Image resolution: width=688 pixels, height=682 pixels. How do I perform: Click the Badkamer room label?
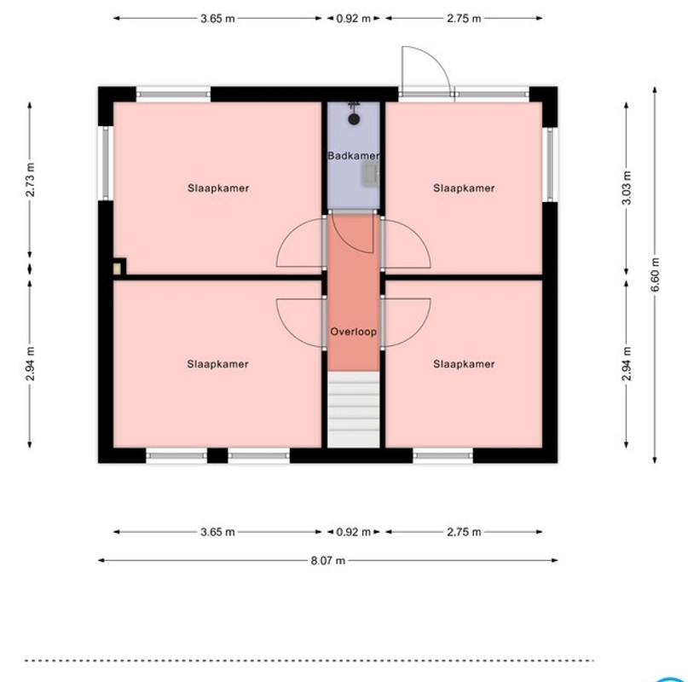[353, 155]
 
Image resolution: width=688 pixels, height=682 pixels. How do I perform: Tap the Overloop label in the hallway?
[353, 332]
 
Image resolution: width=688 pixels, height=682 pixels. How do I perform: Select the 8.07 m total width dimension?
[327, 560]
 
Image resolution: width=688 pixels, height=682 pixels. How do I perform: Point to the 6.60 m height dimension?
[655, 275]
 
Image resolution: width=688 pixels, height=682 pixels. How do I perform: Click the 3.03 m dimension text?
[627, 188]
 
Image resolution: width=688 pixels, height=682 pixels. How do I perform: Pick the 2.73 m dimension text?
[30, 180]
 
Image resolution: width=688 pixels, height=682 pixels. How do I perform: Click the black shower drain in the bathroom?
[354, 119]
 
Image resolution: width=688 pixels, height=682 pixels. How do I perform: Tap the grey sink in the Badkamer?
[369, 173]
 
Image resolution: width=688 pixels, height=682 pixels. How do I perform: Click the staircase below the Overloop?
[353, 409]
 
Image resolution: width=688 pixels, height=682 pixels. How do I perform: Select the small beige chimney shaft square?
[117, 269]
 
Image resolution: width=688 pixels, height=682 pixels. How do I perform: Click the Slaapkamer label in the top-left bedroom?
[218, 188]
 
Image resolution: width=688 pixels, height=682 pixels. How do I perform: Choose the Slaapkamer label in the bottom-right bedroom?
[464, 364]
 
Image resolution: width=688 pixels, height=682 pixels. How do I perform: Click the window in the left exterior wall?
[106, 163]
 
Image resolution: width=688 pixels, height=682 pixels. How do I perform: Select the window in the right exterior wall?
[550, 165]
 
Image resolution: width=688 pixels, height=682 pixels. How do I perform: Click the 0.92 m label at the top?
[353, 19]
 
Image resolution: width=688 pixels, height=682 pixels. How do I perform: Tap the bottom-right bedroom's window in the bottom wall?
[443, 455]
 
